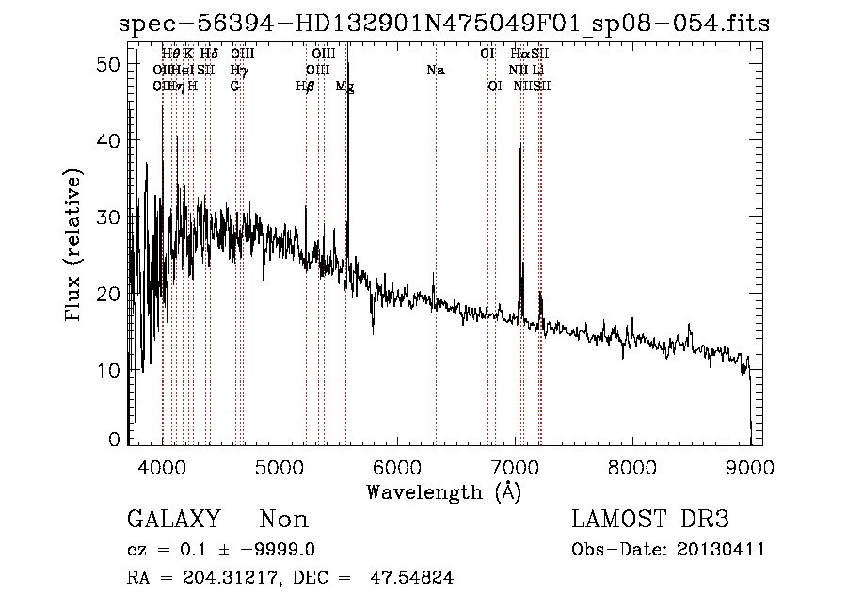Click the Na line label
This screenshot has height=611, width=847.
435,70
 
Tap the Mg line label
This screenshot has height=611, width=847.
345,86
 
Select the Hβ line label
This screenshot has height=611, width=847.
305,86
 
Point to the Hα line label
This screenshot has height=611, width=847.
520,54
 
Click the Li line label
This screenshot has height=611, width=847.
537,70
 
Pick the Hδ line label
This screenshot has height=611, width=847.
209,54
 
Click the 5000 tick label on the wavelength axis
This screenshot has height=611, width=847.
280,466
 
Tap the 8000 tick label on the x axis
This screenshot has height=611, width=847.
632,466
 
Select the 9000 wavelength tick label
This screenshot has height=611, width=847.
749,466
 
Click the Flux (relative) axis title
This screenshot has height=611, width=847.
73,245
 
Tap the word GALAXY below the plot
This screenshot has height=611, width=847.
173,520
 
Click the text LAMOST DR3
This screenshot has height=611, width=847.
650,520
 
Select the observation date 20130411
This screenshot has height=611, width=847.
725,550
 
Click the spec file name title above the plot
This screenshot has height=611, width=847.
444,24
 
